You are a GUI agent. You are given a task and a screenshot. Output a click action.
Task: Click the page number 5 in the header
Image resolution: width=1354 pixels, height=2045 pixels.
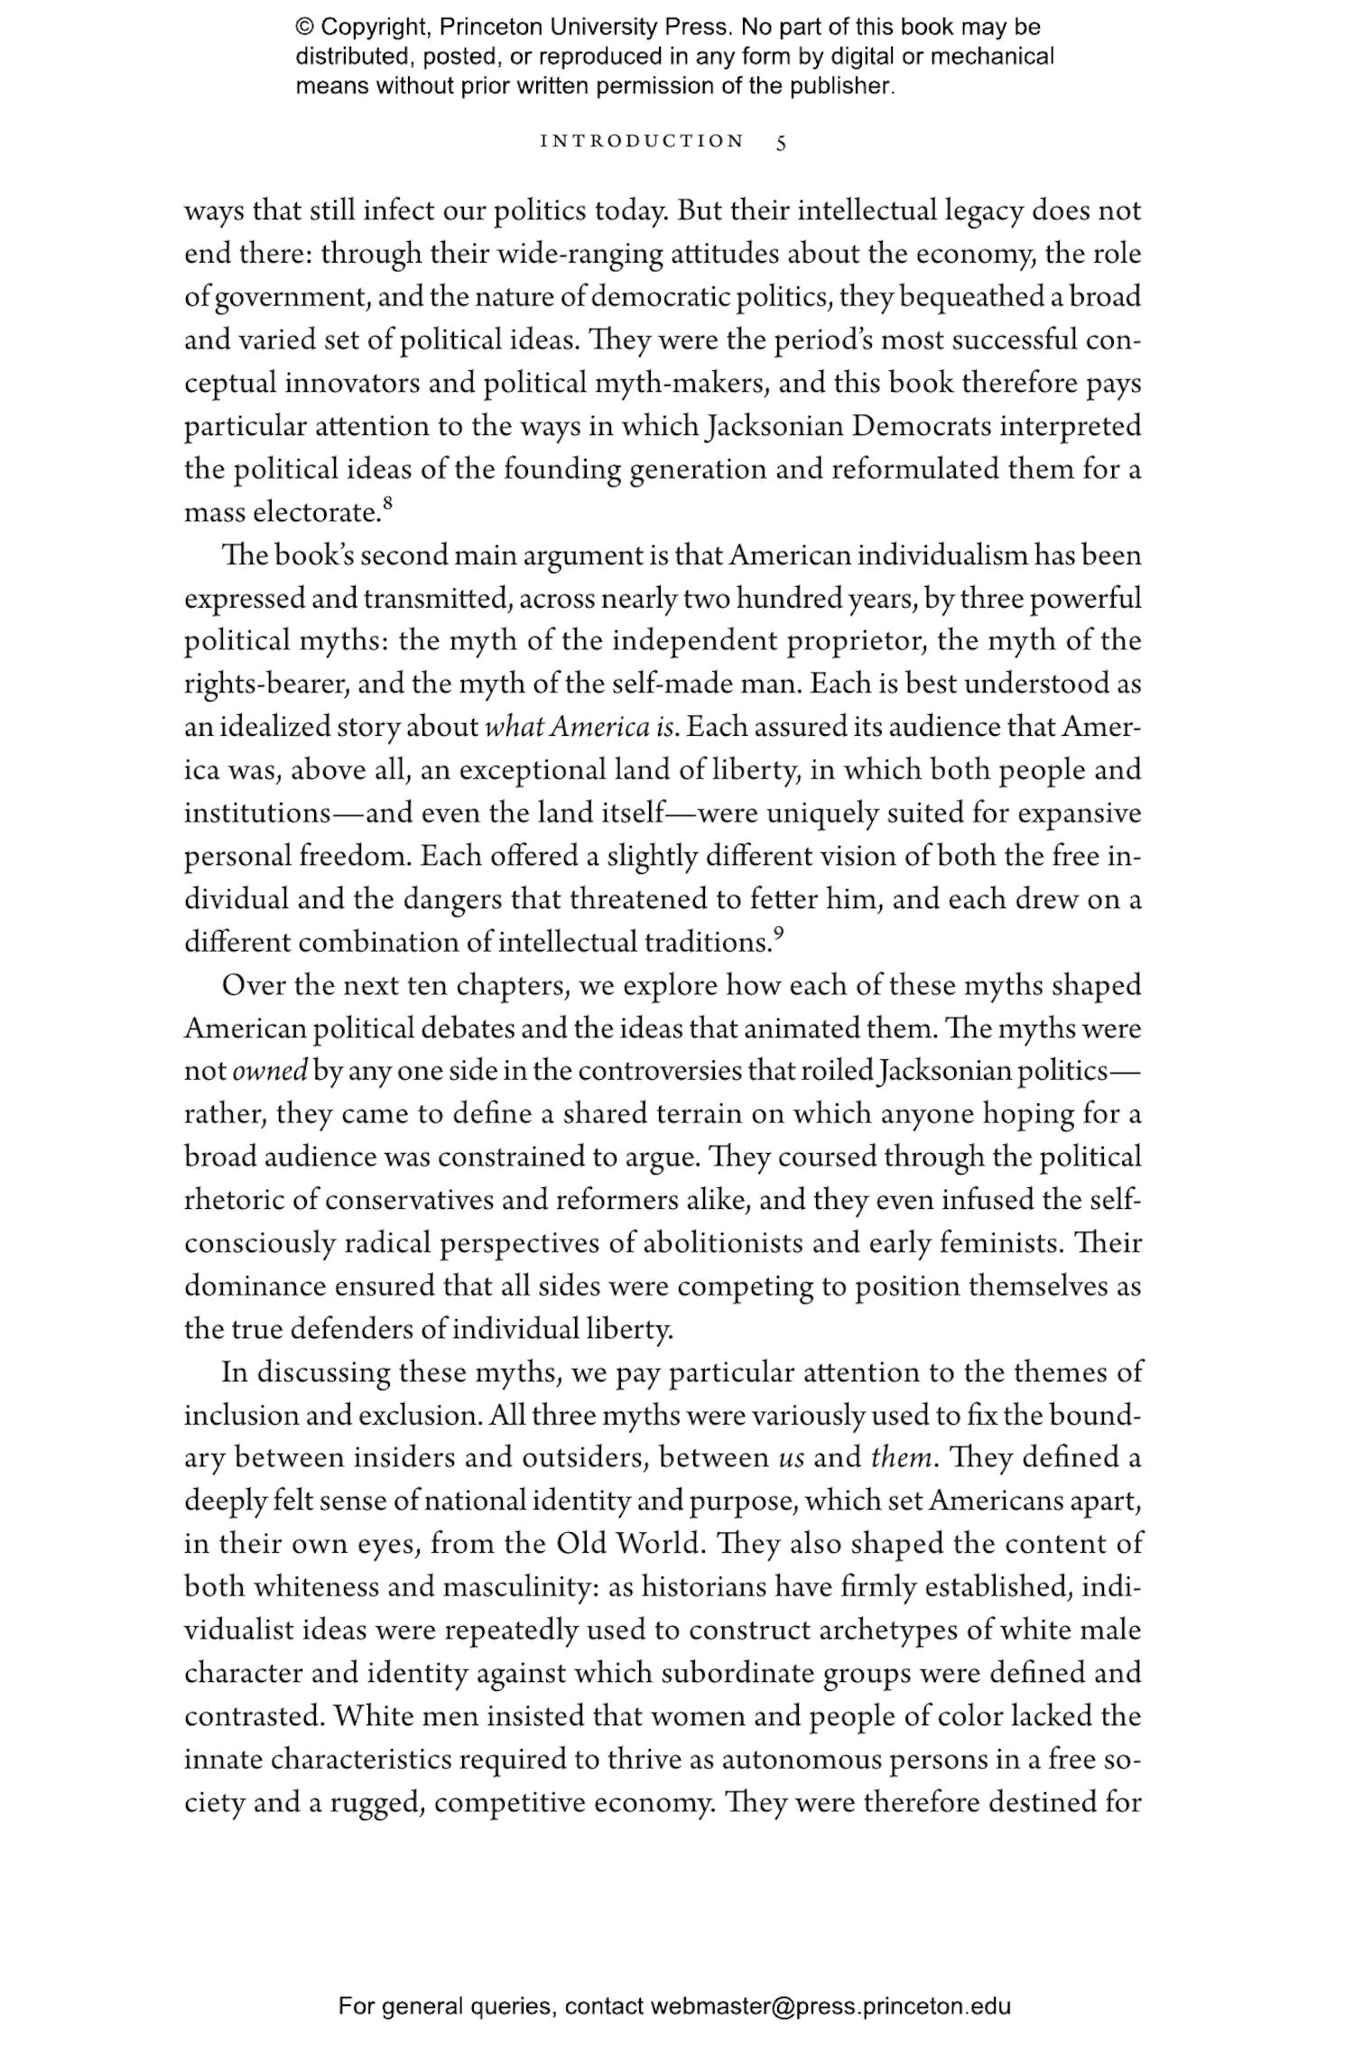(x=781, y=142)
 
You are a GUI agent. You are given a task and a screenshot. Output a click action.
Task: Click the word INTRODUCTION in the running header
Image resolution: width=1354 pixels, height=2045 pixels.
(x=642, y=142)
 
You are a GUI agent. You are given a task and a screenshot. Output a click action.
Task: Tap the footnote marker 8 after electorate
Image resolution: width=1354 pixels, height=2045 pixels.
(x=388, y=503)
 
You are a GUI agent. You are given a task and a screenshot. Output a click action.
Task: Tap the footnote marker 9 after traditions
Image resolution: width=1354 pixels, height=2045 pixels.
(x=778, y=933)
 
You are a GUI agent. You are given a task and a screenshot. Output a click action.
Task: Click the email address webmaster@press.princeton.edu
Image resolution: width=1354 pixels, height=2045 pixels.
(x=830, y=2006)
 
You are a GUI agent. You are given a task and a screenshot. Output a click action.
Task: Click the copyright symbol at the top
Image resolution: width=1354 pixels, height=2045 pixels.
(x=304, y=27)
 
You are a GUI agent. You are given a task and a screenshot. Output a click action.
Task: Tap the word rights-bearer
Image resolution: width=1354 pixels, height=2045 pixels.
(x=266, y=684)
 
